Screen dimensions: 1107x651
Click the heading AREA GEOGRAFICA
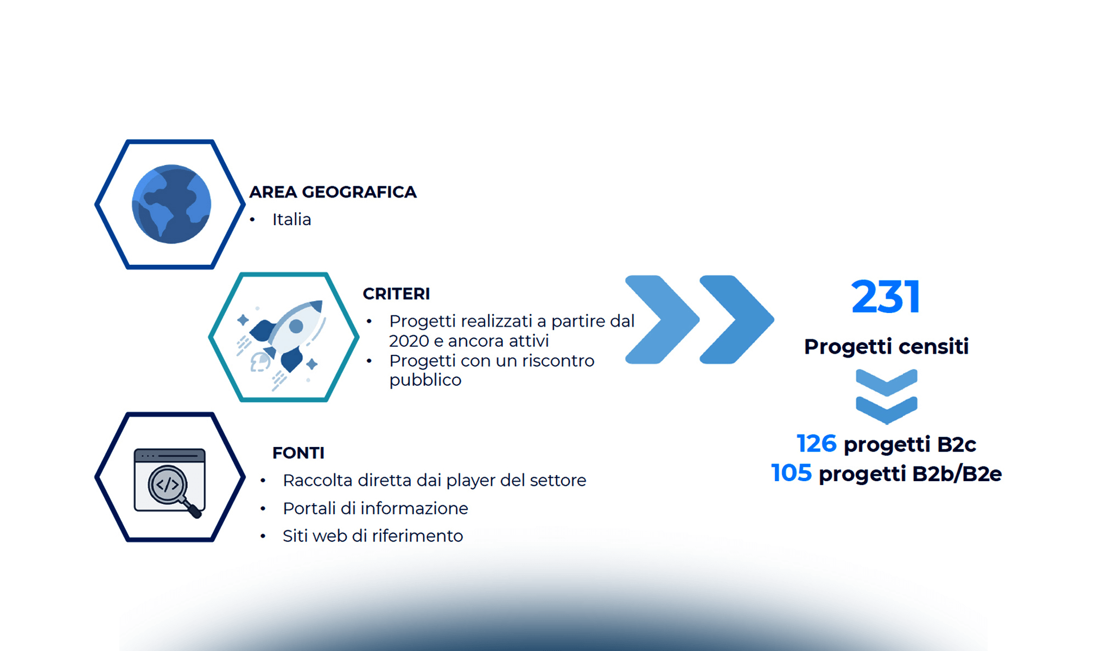(333, 192)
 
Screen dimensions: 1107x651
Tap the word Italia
(291, 219)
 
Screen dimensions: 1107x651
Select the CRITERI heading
(396, 293)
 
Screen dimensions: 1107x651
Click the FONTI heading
(298, 452)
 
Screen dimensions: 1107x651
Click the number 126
(816, 443)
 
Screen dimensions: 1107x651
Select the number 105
(791, 473)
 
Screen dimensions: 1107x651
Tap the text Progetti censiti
(886, 346)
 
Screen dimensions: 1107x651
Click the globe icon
(171, 204)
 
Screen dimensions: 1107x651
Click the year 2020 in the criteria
(409, 341)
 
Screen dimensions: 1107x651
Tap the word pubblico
(425, 380)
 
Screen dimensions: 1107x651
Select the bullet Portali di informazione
(375, 508)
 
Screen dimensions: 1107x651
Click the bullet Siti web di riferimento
(373, 536)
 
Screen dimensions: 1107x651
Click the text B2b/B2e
(957, 474)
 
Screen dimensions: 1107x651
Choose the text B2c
(956, 444)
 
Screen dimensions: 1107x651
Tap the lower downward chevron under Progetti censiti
(887, 410)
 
